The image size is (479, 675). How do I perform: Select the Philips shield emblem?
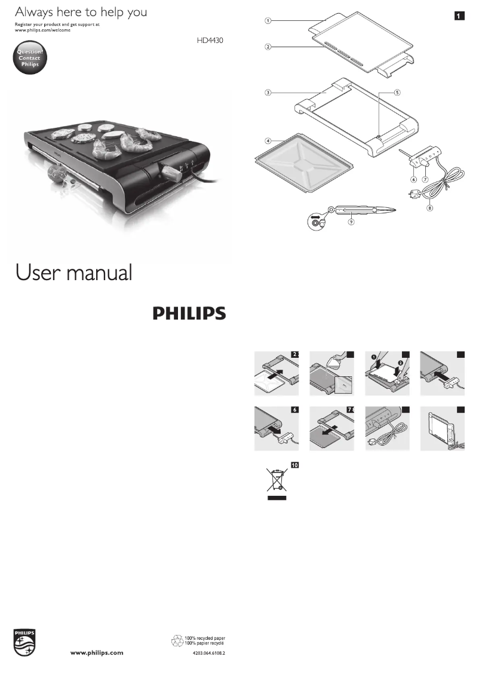tap(24, 643)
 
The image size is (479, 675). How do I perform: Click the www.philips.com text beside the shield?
tap(97, 653)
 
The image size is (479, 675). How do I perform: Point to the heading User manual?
tap(73, 273)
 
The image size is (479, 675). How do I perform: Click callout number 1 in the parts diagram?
tap(269, 20)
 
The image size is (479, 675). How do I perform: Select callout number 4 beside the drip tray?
tap(269, 141)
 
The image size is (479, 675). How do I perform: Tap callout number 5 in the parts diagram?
tap(397, 93)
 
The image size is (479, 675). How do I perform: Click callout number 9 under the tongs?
tap(351, 222)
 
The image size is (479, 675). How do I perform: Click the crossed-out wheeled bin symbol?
tap(276, 479)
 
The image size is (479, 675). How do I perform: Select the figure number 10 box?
tap(294, 464)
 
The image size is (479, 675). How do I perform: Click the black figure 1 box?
tap(459, 16)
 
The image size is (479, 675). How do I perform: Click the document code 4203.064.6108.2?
tap(205, 653)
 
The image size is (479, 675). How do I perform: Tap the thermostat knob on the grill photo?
tap(173, 174)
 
